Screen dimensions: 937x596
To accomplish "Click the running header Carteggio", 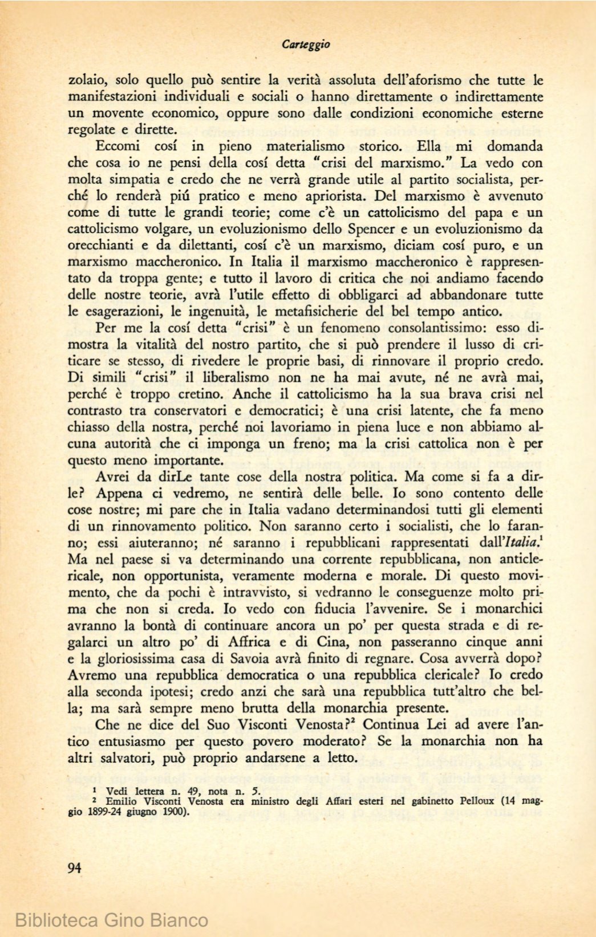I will click(x=306, y=44).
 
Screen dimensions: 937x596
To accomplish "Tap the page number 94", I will click(x=74, y=868).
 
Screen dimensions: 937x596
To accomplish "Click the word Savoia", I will click(x=281, y=658).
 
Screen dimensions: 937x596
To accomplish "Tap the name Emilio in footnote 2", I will click(x=121, y=801).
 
